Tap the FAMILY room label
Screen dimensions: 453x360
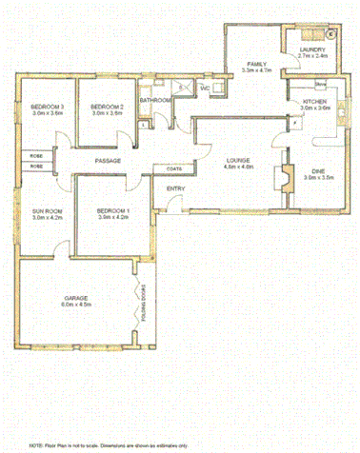257,62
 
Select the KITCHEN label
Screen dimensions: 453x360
315,100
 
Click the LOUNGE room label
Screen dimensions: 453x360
238,159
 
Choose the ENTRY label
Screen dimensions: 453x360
176,188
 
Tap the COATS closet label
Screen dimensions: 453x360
174,169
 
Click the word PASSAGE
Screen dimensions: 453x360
107,161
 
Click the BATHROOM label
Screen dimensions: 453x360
154,99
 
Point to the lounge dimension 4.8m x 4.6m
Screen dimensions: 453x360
238,167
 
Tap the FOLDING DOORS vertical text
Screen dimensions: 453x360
145,302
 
